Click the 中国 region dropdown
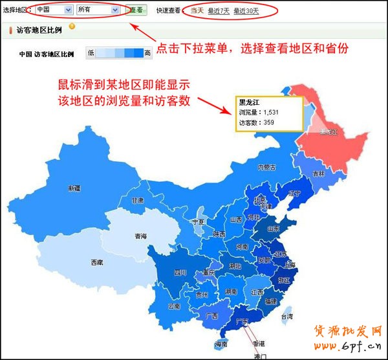click(x=54, y=10)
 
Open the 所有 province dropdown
click(x=98, y=10)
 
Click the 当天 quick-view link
click(x=197, y=10)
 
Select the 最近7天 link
click(x=219, y=10)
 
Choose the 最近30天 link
click(x=246, y=10)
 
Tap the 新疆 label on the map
click(x=74, y=188)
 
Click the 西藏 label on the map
click(x=97, y=262)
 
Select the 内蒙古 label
click(x=267, y=168)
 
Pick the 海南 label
click(x=221, y=344)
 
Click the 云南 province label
click(x=173, y=306)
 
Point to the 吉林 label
click(x=319, y=174)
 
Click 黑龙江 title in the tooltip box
click(x=249, y=103)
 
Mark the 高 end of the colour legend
click(x=147, y=53)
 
